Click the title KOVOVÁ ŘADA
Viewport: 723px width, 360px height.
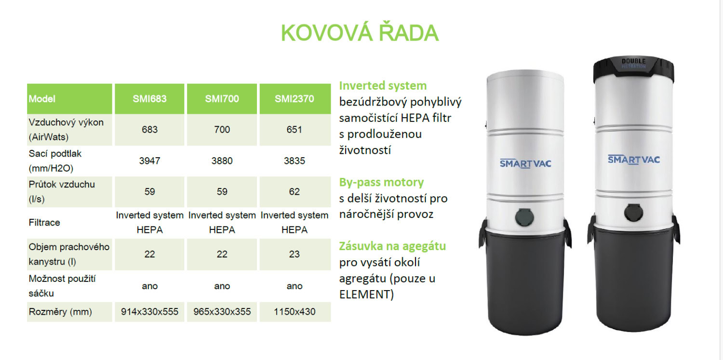[360, 33]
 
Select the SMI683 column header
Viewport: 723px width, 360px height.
[149, 99]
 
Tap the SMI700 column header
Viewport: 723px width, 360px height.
[222, 99]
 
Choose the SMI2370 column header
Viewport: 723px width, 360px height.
[295, 99]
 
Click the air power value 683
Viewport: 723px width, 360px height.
[150, 130]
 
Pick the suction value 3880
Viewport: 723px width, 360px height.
[222, 160]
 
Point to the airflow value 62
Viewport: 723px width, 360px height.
[295, 192]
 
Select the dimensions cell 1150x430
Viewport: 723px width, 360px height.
[295, 312]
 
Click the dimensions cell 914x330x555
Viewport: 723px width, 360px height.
[150, 312]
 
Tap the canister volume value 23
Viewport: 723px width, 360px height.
[295, 254]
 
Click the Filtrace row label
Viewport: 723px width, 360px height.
[44, 223]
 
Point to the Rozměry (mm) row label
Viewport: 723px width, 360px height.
[60, 312]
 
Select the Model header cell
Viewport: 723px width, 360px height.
[42, 99]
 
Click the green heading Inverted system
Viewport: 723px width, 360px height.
[383, 85]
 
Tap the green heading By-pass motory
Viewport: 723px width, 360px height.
[382, 182]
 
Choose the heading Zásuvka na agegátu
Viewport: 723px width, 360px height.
[392, 246]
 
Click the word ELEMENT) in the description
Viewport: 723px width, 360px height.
[367, 294]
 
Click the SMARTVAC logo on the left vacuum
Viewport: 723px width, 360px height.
[525, 163]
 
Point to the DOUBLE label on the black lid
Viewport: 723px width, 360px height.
[634, 61]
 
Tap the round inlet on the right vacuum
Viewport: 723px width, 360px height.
[633, 213]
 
